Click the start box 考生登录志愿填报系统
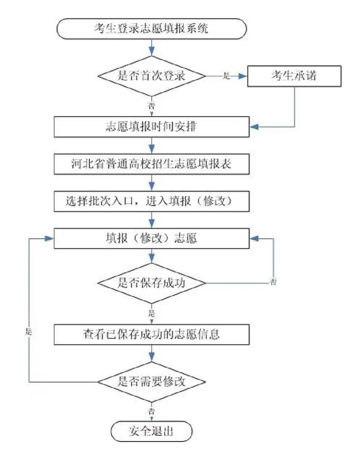(151, 29)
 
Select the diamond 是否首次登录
(151, 76)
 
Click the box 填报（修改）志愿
(151, 239)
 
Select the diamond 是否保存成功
(151, 282)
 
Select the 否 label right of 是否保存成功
(273, 282)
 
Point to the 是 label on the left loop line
(28, 332)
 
